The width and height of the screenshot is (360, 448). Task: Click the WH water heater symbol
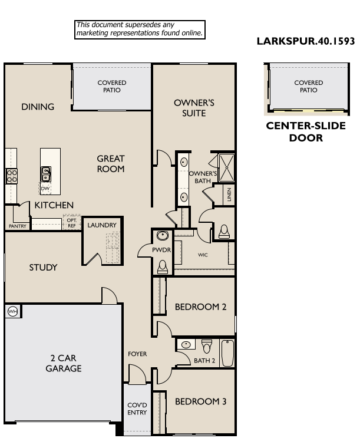pos(12,311)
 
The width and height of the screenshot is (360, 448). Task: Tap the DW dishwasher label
pos(45,189)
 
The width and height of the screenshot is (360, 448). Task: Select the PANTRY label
pos(17,226)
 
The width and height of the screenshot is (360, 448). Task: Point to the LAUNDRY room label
pos(102,225)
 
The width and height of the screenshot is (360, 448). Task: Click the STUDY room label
pos(44,267)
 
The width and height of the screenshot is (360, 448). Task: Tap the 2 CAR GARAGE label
pos(63,363)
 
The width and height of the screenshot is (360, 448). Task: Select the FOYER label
pos(137,354)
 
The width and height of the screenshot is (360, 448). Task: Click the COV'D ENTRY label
pos(137,409)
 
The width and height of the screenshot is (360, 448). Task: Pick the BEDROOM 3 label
pos(201,401)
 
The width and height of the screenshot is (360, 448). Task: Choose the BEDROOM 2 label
pos(201,307)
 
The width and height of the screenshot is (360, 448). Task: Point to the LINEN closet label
pos(229,195)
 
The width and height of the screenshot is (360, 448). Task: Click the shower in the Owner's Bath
pos(226,167)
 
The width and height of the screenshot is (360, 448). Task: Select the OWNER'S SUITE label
pos(194,107)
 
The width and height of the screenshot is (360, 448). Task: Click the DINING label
pos(38,107)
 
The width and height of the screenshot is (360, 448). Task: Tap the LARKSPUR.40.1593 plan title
pos(306,41)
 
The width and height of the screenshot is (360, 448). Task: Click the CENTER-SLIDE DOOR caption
pos(306,132)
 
